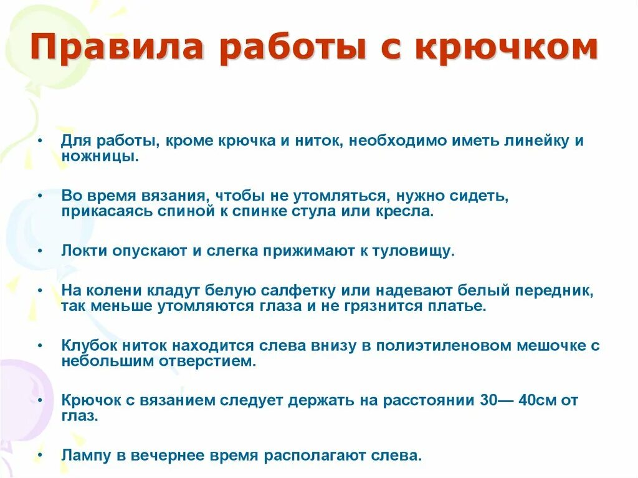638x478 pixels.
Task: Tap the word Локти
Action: click(85, 251)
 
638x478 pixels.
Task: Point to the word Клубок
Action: click(89, 346)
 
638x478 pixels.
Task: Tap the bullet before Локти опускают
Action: click(39, 251)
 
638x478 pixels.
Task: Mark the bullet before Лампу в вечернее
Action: click(39, 456)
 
